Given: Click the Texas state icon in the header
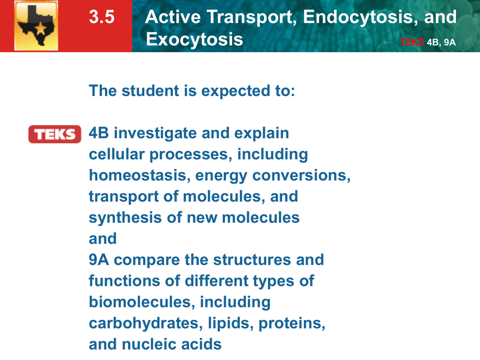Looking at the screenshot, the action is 36,25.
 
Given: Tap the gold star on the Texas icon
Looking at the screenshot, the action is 41,29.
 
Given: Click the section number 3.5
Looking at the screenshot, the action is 102,16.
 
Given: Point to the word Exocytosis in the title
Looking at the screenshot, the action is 195,39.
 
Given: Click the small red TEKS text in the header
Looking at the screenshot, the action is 412,42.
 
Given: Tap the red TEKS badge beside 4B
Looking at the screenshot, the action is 55,134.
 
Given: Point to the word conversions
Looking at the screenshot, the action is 301,176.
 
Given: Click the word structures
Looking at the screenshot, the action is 252,260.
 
